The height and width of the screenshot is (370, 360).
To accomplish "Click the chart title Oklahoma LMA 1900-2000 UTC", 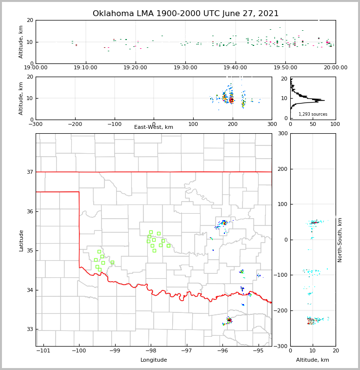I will pos(185,14).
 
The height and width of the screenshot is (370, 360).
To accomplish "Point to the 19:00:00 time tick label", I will pos(36,68).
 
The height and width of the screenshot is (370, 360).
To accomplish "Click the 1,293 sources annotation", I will pos(313,114).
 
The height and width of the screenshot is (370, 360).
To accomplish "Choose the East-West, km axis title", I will pos(154,127).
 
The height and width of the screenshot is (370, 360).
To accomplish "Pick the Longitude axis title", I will pos(154,360).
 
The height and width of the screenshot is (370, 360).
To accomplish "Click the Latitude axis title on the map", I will pos(21,240).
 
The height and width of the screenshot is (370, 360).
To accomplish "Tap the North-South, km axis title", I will pos(340,240).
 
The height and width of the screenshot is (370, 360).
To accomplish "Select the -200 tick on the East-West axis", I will pos(75,124).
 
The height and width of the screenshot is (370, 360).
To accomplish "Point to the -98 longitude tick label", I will pos(151,350).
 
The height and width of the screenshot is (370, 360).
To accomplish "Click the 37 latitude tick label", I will pos(29,172).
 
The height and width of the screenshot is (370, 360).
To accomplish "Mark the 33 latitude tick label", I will pos(29,329).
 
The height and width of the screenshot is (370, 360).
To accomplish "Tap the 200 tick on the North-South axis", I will pos(281,169).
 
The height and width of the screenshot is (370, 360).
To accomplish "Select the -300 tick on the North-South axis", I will pos(280,346).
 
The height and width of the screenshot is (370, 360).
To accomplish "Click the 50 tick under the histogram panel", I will pos(313,124).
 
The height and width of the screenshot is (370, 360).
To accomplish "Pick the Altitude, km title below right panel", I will pos(313,360).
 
